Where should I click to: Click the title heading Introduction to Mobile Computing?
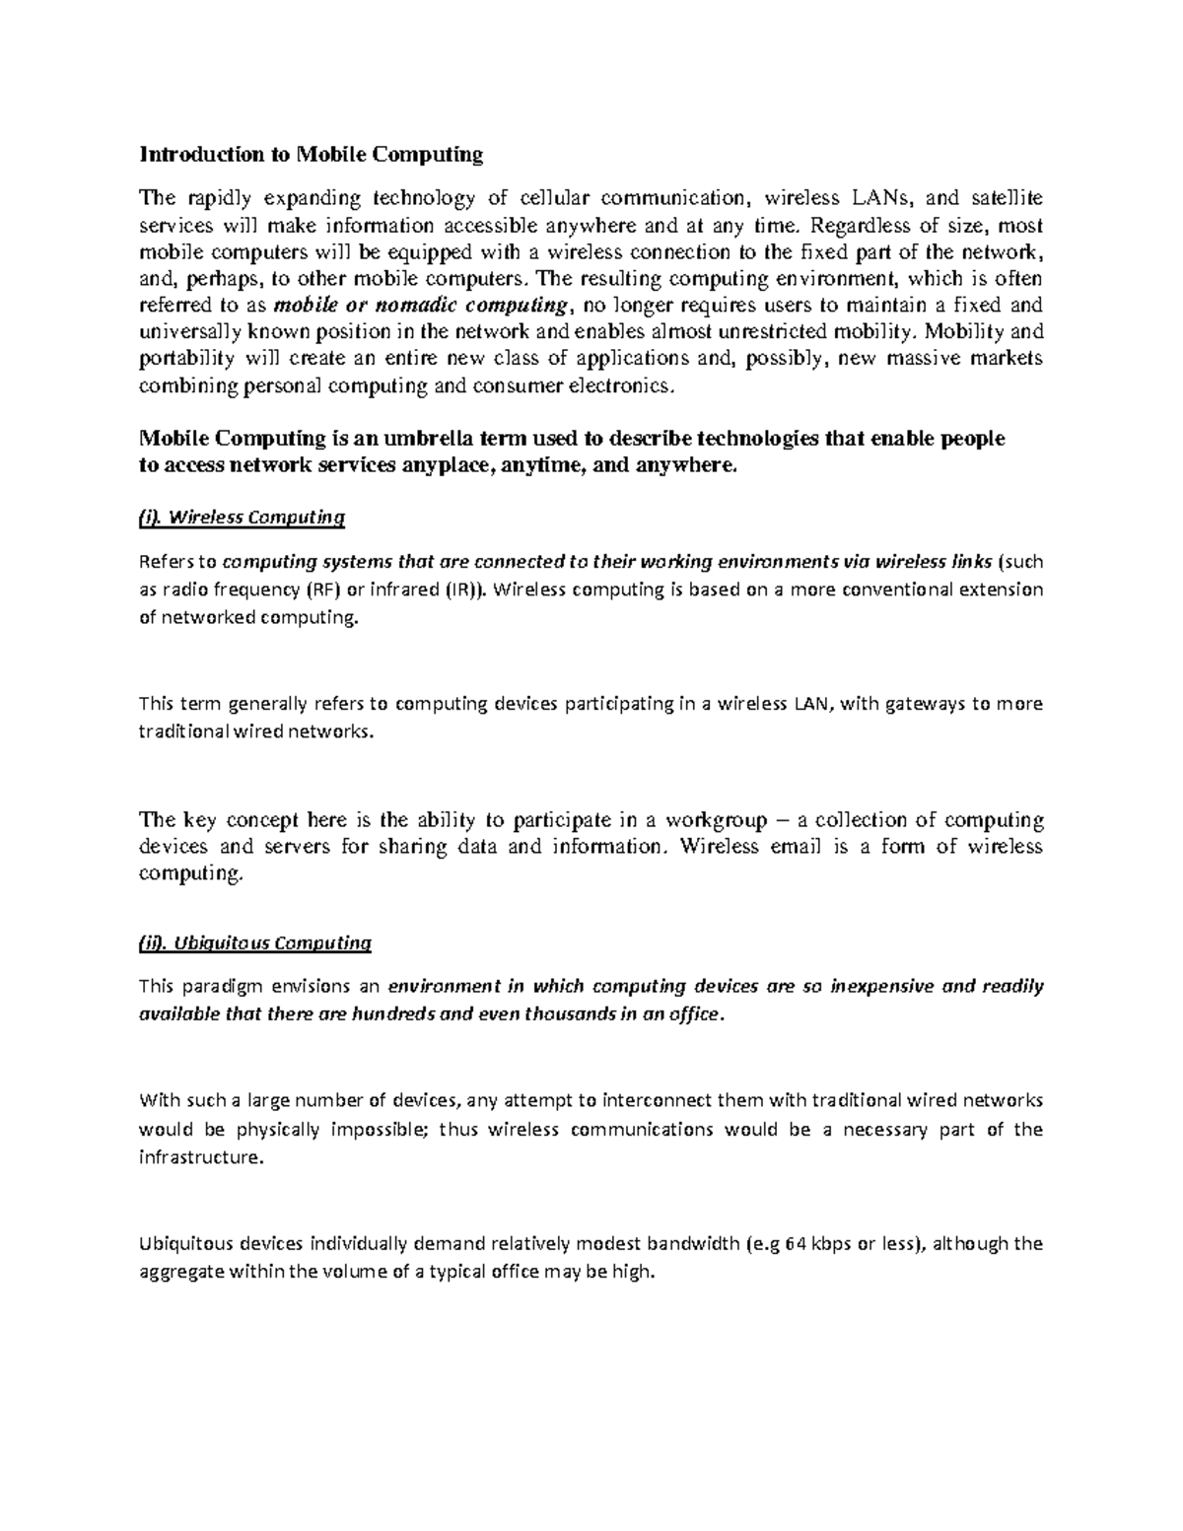coord(312,154)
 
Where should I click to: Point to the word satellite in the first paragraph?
coord(1003,198)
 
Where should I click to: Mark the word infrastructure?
coord(202,1157)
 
